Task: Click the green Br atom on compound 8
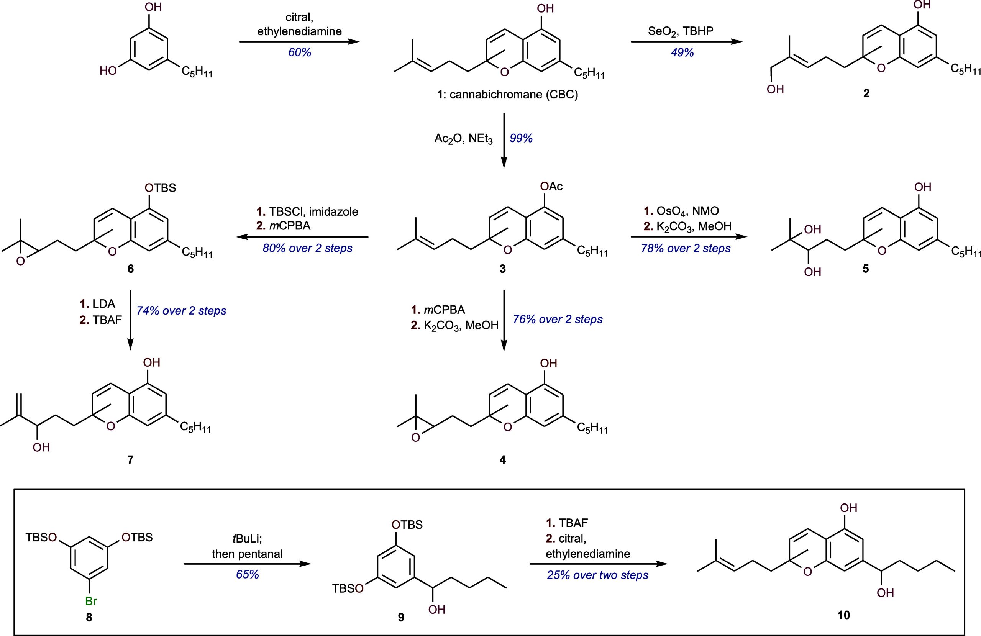click(x=91, y=601)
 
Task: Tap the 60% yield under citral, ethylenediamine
click(x=300, y=52)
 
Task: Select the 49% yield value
click(x=682, y=52)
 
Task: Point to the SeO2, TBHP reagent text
click(x=681, y=32)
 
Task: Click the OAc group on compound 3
click(x=551, y=186)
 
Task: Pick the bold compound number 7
click(x=130, y=460)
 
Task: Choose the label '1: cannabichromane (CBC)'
click(x=507, y=95)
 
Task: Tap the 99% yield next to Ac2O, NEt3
click(x=521, y=138)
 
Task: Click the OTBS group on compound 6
click(x=160, y=188)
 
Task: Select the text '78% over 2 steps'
click(x=686, y=248)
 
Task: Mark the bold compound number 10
click(x=844, y=615)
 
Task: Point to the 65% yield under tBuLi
click(x=247, y=574)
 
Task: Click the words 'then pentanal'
click(x=247, y=554)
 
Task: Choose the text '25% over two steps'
click(x=598, y=575)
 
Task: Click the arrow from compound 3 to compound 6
click(x=302, y=237)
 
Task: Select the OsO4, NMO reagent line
click(x=681, y=211)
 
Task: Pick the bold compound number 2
click(x=866, y=93)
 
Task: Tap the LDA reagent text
click(x=98, y=304)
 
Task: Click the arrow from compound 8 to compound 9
click(x=247, y=564)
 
